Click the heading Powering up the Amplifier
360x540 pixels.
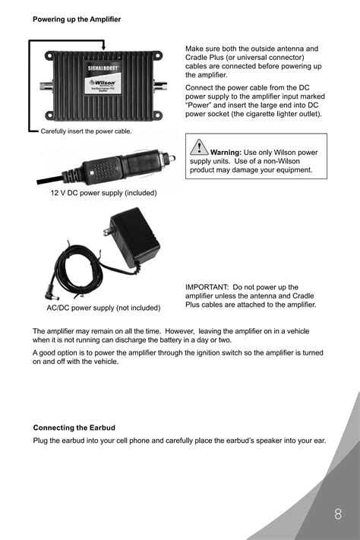(76, 18)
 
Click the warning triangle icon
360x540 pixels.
(200, 147)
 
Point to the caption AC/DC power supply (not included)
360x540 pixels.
(103, 308)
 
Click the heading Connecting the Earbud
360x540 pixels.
(74, 428)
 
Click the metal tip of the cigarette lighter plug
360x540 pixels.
(174, 158)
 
